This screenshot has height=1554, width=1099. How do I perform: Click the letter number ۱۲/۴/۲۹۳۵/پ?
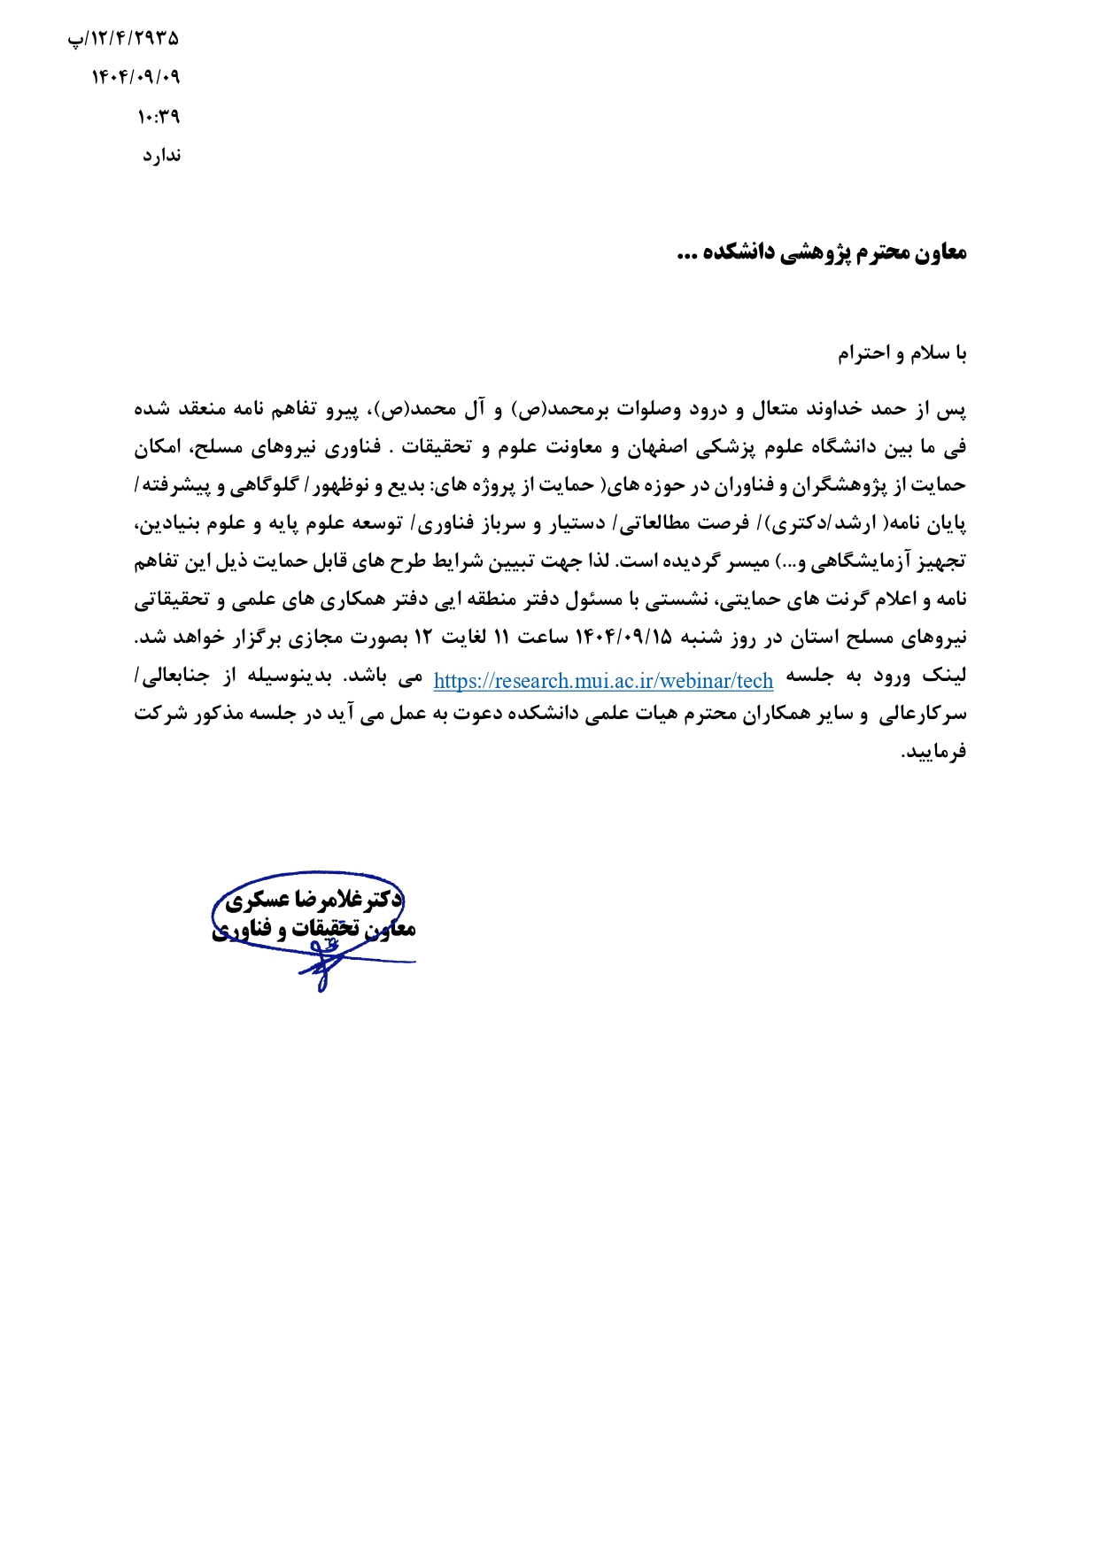(x=123, y=39)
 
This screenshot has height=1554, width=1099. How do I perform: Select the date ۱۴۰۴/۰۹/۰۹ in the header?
(x=135, y=78)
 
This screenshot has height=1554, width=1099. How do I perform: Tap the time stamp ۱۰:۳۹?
(x=159, y=116)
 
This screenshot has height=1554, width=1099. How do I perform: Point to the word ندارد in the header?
(x=162, y=156)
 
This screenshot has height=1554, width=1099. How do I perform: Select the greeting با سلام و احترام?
(x=902, y=354)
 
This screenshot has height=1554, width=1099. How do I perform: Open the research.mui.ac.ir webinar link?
(x=603, y=680)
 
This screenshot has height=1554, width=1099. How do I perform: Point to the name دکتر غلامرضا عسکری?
(x=314, y=901)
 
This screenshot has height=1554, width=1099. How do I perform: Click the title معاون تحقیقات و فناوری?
(x=314, y=929)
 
